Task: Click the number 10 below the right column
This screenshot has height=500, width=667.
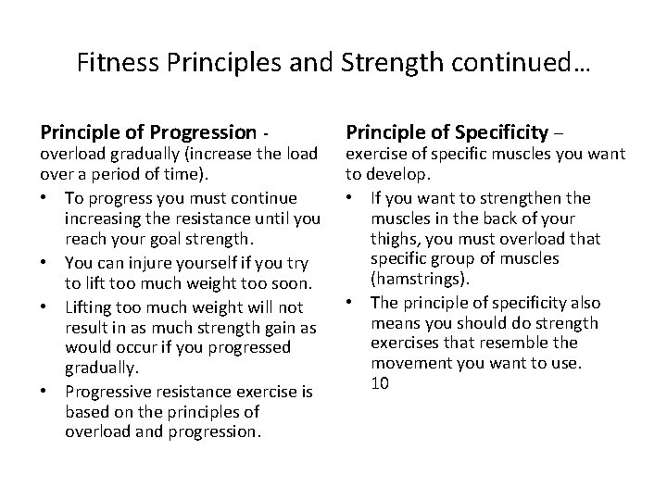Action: pos(379,381)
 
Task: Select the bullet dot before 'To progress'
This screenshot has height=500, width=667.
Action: pos(46,198)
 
